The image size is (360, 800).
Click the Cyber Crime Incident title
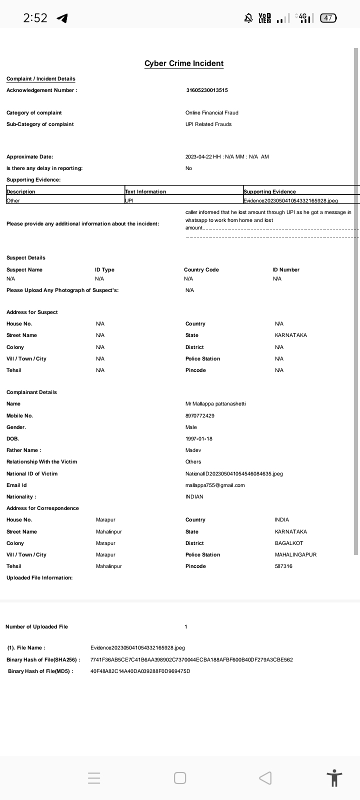pyautogui.click(x=184, y=63)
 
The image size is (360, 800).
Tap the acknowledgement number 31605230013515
pyautogui.click(x=207, y=90)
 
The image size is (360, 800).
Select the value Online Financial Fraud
pyautogui.click(x=212, y=113)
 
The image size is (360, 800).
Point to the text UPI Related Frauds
pyautogui.click(x=208, y=124)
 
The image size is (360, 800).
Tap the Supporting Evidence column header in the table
pyautogui.click(x=269, y=191)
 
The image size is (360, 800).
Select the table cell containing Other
pyautogui.click(x=13, y=200)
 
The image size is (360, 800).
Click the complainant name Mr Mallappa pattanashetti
pyautogui.click(x=215, y=404)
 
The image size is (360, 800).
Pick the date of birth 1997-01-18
pyautogui.click(x=199, y=439)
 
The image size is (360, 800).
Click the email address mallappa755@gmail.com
pyautogui.click(x=215, y=485)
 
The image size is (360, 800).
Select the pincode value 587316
pyautogui.click(x=283, y=566)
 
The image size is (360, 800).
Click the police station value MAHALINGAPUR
pyautogui.click(x=295, y=555)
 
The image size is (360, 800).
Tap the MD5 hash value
pyautogui.click(x=140, y=671)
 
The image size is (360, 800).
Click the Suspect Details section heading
pyautogui.click(x=26, y=258)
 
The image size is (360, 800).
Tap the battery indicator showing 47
pyautogui.click(x=328, y=18)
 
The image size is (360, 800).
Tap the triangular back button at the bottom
pyautogui.click(x=265, y=778)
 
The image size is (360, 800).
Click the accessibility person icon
pyautogui.click(x=334, y=778)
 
